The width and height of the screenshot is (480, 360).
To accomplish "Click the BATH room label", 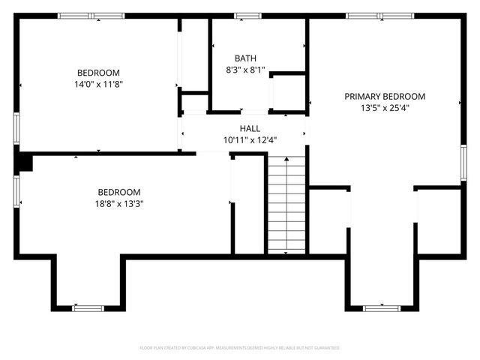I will click(245, 58).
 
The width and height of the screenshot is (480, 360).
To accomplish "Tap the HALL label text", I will click(250, 128).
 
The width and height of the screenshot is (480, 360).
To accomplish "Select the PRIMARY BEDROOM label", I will click(385, 96).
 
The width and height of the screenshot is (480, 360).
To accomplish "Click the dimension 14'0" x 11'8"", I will click(98, 84).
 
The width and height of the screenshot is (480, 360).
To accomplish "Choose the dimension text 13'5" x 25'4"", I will click(385, 107).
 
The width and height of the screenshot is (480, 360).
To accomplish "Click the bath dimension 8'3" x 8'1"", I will click(245, 69).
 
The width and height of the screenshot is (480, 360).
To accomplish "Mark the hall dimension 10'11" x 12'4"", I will click(250, 140).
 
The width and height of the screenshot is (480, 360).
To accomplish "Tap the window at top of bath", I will click(247, 15).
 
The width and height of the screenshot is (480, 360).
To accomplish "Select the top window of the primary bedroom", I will click(379, 15).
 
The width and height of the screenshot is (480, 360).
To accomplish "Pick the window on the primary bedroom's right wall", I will click(463, 163).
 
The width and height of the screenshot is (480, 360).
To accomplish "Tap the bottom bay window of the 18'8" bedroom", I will click(88, 307).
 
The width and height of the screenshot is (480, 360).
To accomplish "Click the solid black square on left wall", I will click(24, 163).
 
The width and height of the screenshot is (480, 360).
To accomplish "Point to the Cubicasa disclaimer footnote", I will click(240, 348).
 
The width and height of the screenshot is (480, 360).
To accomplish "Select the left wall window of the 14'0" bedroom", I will click(16, 127).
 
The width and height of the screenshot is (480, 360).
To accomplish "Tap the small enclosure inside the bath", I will click(287, 93).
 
